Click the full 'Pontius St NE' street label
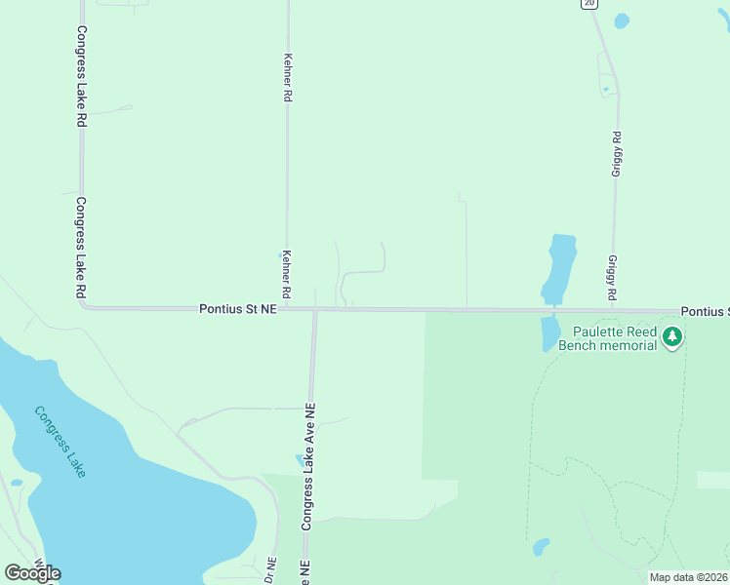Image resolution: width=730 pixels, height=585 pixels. [238, 308]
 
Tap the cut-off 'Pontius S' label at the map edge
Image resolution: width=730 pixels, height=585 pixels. [704, 311]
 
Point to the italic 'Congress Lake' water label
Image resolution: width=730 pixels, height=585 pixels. [61, 442]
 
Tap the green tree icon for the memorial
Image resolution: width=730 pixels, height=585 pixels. [671, 337]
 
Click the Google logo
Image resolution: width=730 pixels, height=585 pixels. [33, 573]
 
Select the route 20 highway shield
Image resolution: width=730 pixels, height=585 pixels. [588, 4]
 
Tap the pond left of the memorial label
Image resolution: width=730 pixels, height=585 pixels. [549, 334]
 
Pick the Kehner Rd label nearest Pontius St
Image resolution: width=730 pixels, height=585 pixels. [287, 274]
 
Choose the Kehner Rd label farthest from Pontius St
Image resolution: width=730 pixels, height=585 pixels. [287, 78]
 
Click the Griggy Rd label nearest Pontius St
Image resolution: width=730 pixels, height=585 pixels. [612, 278]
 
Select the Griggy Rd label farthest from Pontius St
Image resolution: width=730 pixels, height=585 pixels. [616, 154]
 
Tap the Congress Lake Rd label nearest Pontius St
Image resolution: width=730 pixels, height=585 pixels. [81, 248]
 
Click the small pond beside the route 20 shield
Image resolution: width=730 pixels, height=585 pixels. [622, 20]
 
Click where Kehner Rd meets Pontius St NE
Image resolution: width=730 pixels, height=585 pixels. [287, 309]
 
